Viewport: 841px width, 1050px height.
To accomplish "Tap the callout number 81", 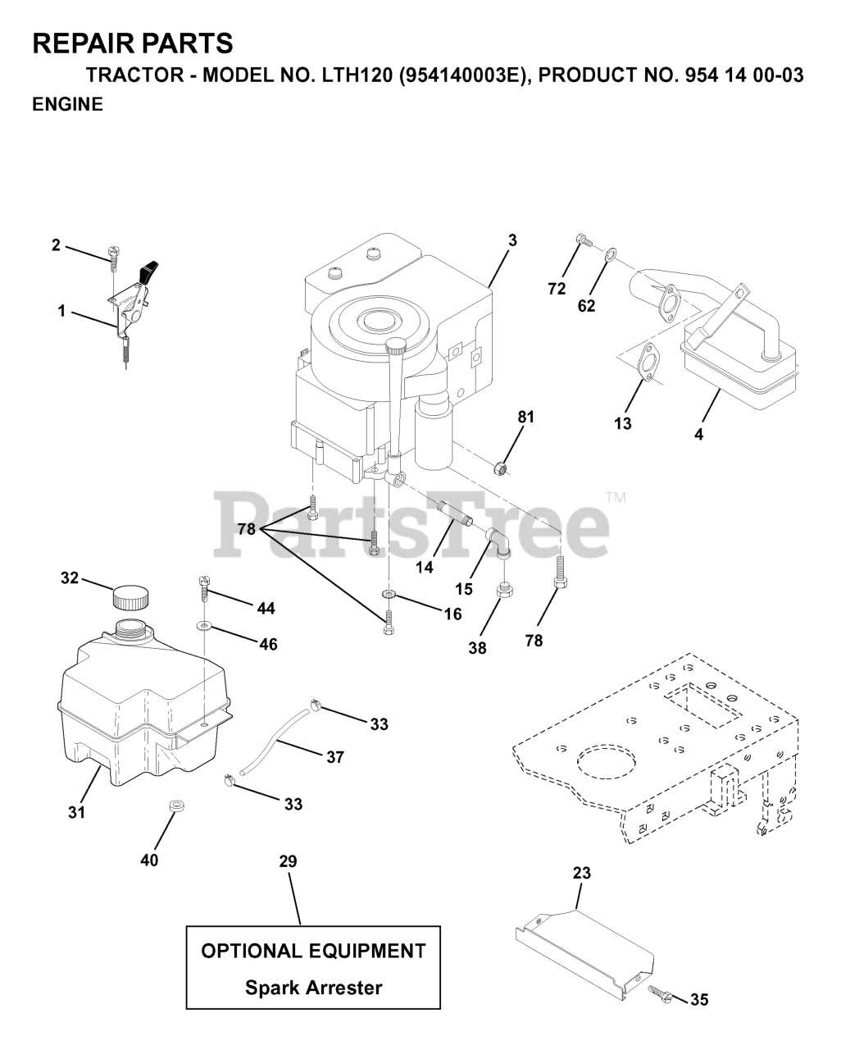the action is point(525,417).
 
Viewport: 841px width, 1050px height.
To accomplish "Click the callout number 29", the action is point(288,861).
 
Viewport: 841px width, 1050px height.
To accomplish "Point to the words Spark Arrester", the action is point(313,988).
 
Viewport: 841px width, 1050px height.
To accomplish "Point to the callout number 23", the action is point(581,874).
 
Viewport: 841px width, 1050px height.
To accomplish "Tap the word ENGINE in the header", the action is point(67,104).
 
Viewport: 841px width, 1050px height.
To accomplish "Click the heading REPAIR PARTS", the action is point(133,43).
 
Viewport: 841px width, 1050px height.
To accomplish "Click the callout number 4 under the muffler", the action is point(698,435).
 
